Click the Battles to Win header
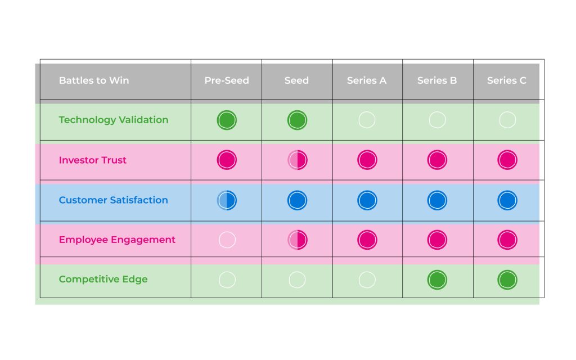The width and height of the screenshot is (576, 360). (x=94, y=80)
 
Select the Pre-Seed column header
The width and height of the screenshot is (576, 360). (x=227, y=80)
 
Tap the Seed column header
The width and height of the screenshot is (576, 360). (x=296, y=80)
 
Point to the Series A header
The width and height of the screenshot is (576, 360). (x=367, y=80)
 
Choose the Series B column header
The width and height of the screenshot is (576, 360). (x=437, y=80)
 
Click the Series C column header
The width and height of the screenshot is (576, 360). (x=507, y=80)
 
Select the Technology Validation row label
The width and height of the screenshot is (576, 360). (x=114, y=120)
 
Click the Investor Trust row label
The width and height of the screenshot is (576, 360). (x=93, y=160)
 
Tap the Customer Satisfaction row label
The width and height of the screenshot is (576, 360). (x=113, y=200)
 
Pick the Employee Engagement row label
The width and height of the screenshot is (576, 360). (x=117, y=240)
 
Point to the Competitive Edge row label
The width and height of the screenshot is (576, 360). (x=103, y=280)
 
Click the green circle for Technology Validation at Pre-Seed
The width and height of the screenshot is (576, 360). (x=227, y=120)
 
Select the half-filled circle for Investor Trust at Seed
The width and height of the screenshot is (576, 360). (x=297, y=160)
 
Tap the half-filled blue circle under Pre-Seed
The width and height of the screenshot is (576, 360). (x=227, y=201)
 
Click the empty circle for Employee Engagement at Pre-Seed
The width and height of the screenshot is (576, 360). (x=227, y=240)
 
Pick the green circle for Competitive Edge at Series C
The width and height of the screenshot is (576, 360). (x=507, y=280)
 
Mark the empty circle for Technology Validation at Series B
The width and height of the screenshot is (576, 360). (x=437, y=112)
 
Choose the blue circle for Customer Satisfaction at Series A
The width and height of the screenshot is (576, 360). (x=367, y=201)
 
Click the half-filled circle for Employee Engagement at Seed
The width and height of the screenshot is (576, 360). (x=297, y=240)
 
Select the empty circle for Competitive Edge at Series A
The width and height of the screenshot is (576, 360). (x=367, y=272)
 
